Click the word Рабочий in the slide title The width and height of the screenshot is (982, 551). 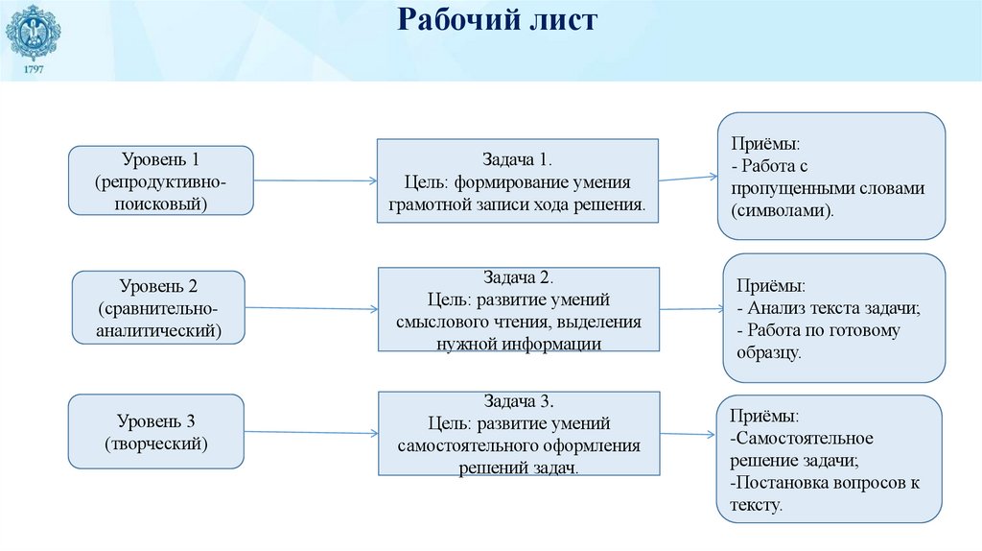451,20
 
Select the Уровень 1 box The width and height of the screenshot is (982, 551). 160,180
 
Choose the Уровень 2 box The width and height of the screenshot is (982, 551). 159,307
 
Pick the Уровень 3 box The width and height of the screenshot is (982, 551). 155,432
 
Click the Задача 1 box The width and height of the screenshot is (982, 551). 517,181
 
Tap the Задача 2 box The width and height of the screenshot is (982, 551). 519,310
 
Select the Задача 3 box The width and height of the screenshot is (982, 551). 519,434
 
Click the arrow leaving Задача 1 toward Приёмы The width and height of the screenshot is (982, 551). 689,178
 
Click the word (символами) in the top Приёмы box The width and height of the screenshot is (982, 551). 782,208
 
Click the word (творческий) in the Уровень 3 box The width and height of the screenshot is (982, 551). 155,443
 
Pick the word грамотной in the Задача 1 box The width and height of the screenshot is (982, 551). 425,204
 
